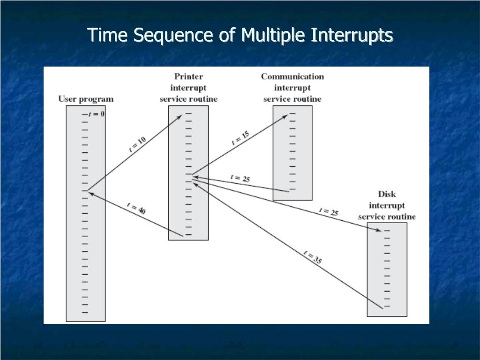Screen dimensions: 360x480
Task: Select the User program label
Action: click(86, 99)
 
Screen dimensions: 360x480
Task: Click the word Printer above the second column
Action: click(188, 76)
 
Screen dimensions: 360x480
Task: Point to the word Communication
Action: click(292, 76)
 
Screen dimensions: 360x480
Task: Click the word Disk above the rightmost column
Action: click(387, 194)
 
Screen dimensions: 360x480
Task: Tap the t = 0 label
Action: click(96, 114)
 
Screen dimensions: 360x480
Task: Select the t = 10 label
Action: click(137, 144)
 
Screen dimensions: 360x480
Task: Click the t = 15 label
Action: click(240, 138)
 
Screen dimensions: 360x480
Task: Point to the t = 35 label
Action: click(313, 258)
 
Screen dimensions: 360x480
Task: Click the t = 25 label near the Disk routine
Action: click(329, 212)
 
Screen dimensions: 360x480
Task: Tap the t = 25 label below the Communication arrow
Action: click(240, 178)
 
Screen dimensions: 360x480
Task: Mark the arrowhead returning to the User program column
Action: click(90, 192)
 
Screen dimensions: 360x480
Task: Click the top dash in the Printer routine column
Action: click(188, 113)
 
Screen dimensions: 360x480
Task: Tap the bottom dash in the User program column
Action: click(85, 312)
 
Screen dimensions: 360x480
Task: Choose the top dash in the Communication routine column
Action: click(292, 113)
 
